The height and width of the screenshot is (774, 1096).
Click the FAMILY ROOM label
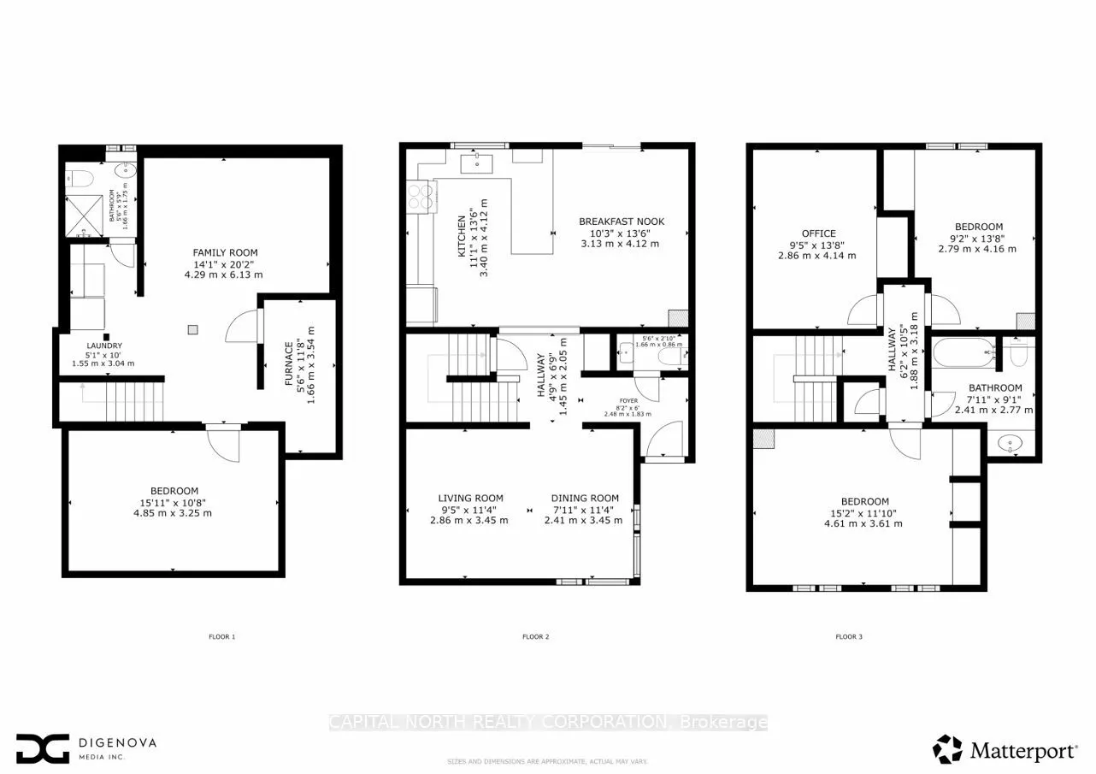coord(225,252)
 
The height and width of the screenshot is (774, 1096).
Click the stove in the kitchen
coord(421,198)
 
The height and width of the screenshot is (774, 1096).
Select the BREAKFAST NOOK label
coord(621,222)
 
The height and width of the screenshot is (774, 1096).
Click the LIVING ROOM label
coord(470,498)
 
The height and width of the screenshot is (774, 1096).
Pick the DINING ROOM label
coord(584,498)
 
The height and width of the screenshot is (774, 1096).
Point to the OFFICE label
coord(818,233)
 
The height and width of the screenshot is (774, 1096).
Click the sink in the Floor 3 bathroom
coord(1011,444)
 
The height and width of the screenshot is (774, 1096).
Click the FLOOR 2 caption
coord(535,636)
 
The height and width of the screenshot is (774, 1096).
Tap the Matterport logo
coord(1005,749)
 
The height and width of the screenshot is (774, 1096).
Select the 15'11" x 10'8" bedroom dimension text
coord(171,502)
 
